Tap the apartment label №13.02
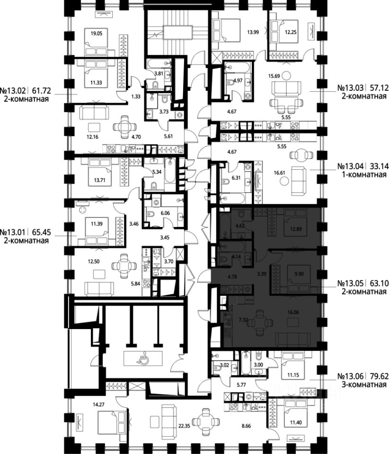pos(13,91)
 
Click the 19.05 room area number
pos(97,33)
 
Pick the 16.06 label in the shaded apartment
pos(293,313)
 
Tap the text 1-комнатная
pos(364,175)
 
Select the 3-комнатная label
pos(364,384)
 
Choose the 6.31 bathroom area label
pos(236,178)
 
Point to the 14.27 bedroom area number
pos(99,404)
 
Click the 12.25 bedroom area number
pos(291,33)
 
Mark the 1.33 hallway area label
pos(136,96)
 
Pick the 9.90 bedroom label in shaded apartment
pos(299,274)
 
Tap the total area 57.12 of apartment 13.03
pos(378,87)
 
